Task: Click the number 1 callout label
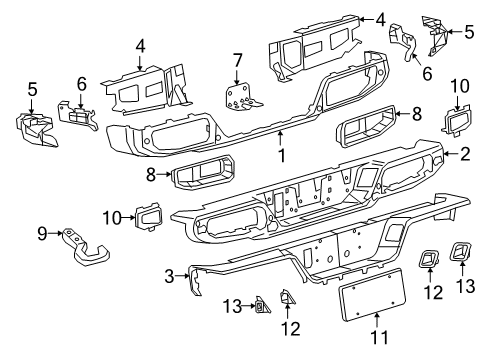(x=281, y=155)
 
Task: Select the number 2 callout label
(x=465, y=154)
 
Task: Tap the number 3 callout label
(x=170, y=274)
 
